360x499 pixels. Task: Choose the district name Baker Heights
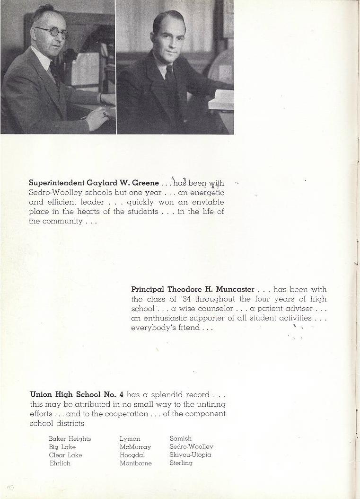coord(70,438)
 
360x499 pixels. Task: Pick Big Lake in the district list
coord(62,446)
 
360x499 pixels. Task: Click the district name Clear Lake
coord(65,455)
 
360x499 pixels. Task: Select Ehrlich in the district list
coord(60,463)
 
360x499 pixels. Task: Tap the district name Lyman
coord(130,438)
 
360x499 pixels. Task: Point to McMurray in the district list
coord(135,446)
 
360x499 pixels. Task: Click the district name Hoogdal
coord(132,455)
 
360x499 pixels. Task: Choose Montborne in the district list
coord(135,463)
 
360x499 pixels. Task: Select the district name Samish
coord(180,438)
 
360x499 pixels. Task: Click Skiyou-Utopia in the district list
coord(190,454)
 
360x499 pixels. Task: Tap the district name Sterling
coord(181,463)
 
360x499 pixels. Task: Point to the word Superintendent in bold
coord(57,183)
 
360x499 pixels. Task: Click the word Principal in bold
coord(147,289)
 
